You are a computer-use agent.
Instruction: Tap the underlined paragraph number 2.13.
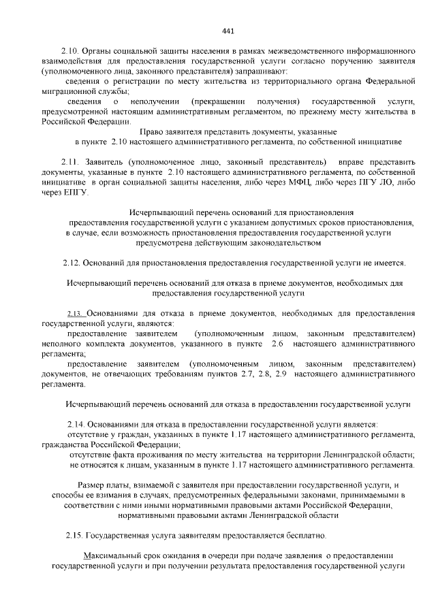point(75,314)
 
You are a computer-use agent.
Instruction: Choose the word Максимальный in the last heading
point(113,556)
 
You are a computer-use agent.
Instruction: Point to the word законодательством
point(279,242)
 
